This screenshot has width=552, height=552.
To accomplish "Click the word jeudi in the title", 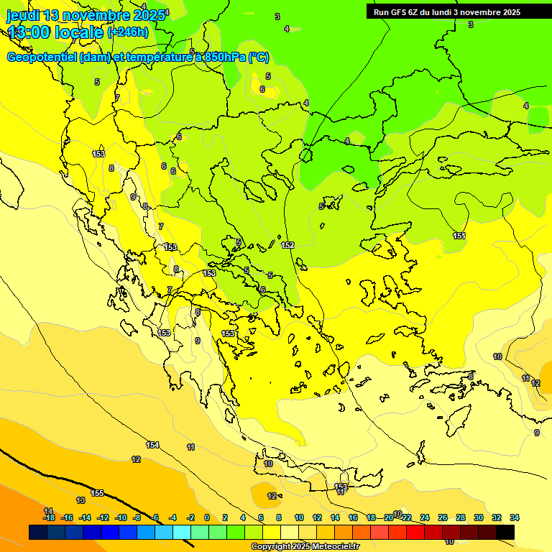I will click(22, 15).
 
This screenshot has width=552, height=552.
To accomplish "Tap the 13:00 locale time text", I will click(55, 32).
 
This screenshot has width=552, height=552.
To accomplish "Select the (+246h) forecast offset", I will click(128, 32).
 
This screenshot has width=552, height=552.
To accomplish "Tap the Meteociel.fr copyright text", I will click(305, 547).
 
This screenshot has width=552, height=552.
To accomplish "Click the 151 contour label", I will click(459, 236).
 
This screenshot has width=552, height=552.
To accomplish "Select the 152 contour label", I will click(288, 245).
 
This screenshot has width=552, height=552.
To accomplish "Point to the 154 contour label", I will click(152, 445).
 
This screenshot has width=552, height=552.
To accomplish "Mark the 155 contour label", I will click(97, 493).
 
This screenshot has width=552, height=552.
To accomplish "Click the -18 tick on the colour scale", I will click(49, 517).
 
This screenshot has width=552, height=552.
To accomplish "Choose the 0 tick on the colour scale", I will click(207, 517).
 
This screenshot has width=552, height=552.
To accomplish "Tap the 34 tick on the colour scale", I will click(515, 517).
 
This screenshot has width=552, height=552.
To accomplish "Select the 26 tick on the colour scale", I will click(443, 517).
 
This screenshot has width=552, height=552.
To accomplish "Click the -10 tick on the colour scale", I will click(121, 517).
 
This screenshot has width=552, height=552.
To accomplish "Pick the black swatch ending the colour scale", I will click(505, 532).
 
